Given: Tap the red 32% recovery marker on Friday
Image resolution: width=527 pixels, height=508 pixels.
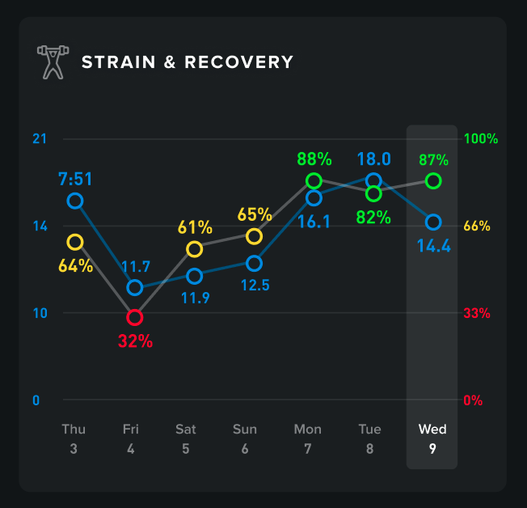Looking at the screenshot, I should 134,317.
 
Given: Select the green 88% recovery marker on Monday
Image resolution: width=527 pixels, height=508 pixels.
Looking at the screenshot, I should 314,180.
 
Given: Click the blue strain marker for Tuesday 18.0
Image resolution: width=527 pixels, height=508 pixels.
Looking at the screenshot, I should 373,180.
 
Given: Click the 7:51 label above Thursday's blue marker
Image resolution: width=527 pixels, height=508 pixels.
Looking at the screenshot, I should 75,177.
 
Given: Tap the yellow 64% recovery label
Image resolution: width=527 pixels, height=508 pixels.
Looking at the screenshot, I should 75,265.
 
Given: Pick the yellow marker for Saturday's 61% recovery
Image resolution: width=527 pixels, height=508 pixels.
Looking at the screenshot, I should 194,249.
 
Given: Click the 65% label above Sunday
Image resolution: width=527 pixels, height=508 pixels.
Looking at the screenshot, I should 254,214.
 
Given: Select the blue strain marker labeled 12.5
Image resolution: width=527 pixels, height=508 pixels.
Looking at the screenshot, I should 254,264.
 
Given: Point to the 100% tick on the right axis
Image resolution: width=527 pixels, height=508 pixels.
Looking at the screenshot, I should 481,138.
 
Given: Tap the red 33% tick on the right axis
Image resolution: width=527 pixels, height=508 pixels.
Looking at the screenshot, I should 477,313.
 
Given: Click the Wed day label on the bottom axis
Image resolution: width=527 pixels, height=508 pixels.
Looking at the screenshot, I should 432,429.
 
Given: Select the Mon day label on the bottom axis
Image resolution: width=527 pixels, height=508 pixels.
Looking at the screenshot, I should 307,429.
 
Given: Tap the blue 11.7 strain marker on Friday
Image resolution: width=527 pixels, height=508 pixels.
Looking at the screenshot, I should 134,288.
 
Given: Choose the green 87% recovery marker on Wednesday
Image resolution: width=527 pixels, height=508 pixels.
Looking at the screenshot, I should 433,180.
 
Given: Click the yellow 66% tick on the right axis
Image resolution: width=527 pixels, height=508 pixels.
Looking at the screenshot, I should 477,226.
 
